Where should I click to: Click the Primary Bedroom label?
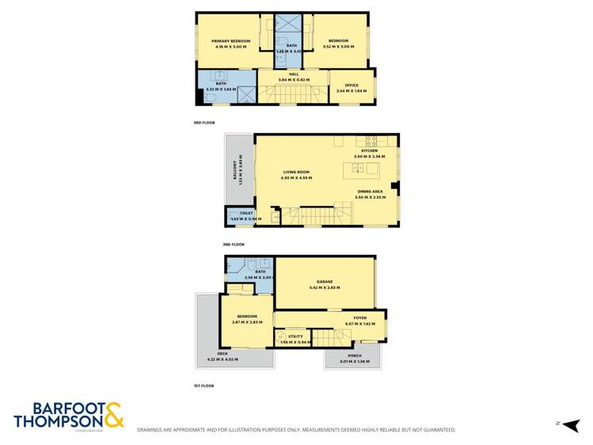coord(230,41)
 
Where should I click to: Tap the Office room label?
coord(352,86)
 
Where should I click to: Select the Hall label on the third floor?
coord(293,76)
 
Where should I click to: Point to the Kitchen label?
coord(369,150)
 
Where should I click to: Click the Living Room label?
coord(297,173)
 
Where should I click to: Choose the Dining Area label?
coord(369,192)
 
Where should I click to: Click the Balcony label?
coord(235,170)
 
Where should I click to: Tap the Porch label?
coord(351,356)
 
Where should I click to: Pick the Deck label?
coord(222,354)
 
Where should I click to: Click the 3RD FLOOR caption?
coord(203,123)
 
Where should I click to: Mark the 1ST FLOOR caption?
coord(203,386)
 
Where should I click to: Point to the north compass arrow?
coord(571,424)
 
